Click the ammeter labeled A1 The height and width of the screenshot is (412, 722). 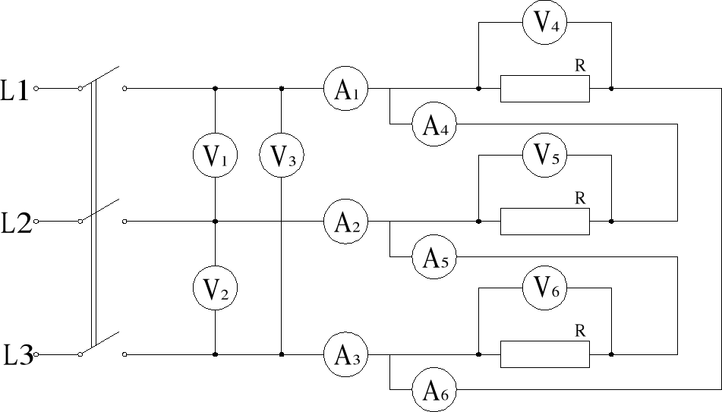[x=345, y=89]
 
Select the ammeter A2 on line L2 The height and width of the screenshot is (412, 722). [x=345, y=222]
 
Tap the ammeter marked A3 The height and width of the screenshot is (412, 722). [x=345, y=354]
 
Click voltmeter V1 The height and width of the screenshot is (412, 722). [x=216, y=156]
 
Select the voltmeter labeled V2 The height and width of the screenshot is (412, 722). [x=216, y=288]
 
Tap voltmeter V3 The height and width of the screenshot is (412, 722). [x=282, y=156]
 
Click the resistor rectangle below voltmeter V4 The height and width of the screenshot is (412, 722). [x=544, y=89]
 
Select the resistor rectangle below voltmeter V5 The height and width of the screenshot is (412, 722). [x=544, y=222]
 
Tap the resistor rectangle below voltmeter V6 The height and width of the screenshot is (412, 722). [x=544, y=354]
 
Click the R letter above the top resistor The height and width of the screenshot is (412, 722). [x=581, y=66]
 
